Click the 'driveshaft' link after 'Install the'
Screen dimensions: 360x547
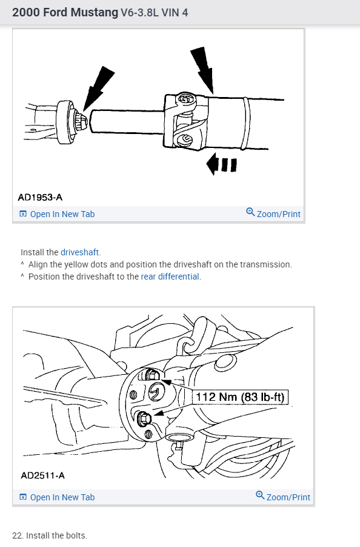tap(80, 252)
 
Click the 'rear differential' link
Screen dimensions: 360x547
tap(170, 277)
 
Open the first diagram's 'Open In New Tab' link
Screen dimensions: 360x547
tap(57, 214)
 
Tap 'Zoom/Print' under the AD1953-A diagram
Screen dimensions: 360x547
tap(273, 213)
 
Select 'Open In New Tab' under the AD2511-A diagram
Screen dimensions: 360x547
tap(57, 497)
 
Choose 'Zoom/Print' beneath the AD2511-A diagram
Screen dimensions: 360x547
tap(283, 497)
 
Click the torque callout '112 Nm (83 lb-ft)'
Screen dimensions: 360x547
tap(240, 397)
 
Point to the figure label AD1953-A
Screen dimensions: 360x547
tap(40, 198)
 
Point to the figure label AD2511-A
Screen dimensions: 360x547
tap(42, 475)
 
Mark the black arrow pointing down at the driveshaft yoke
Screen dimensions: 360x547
tap(204, 70)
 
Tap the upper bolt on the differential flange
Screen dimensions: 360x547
tap(152, 375)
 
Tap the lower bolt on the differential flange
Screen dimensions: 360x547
tap(144, 418)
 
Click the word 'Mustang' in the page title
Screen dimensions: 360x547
tap(95, 13)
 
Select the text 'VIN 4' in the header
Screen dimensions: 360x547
tap(175, 13)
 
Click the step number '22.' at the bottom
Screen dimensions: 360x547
tap(18, 535)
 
